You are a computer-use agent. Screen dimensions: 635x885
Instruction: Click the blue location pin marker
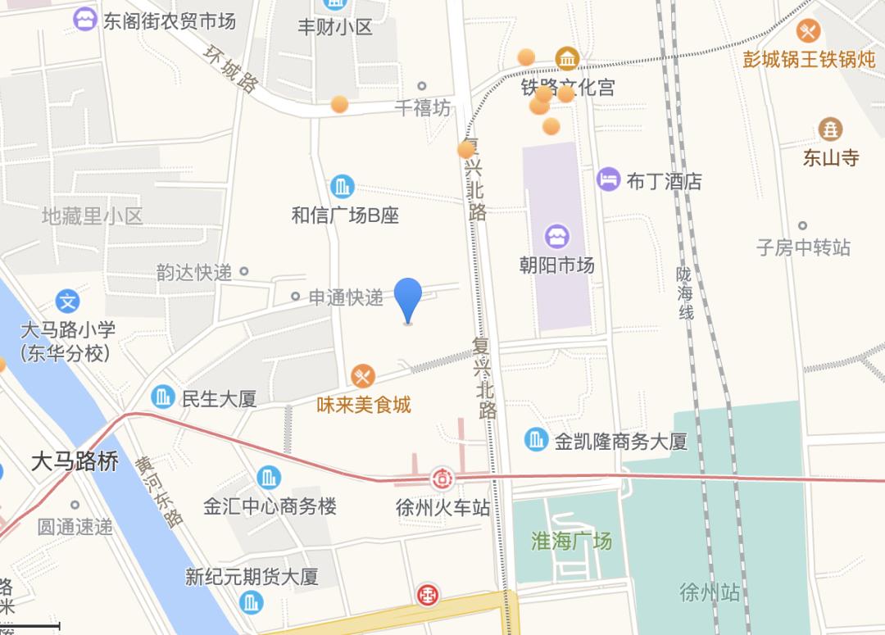click(x=408, y=298)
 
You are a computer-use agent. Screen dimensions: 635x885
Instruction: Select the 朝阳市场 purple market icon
click(x=557, y=238)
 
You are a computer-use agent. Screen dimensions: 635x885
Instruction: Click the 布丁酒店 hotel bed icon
click(x=609, y=179)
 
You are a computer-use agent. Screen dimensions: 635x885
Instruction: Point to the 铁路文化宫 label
click(x=568, y=87)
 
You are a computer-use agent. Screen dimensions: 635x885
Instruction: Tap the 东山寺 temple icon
click(x=831, y=129)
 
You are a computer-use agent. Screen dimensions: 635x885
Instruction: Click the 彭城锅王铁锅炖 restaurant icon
click(x=809, y=31)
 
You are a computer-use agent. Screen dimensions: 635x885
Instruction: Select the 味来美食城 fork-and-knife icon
click(x=363, y=376)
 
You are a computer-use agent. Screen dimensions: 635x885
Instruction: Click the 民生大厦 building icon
click(x=164, y=397)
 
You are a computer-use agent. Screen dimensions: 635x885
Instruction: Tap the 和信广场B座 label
click(x=345, y=215)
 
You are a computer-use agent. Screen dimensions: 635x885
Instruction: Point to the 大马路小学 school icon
click(x=68, y=302)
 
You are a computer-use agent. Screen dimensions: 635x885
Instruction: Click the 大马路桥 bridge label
click(x=75, y=461)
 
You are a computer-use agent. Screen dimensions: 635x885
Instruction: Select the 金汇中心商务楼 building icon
click(x=269, y=478)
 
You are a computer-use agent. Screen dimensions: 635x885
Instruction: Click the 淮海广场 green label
click(x=571, y=541)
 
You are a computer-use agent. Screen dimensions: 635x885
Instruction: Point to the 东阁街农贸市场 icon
click(x=84, y=19)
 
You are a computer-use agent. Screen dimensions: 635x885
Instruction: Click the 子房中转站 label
click(x=803, y=247)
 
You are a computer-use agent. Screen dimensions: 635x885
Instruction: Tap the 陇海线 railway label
click(x=685, y=293)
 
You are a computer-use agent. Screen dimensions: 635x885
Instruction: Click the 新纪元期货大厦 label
click(x=252, y=577)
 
